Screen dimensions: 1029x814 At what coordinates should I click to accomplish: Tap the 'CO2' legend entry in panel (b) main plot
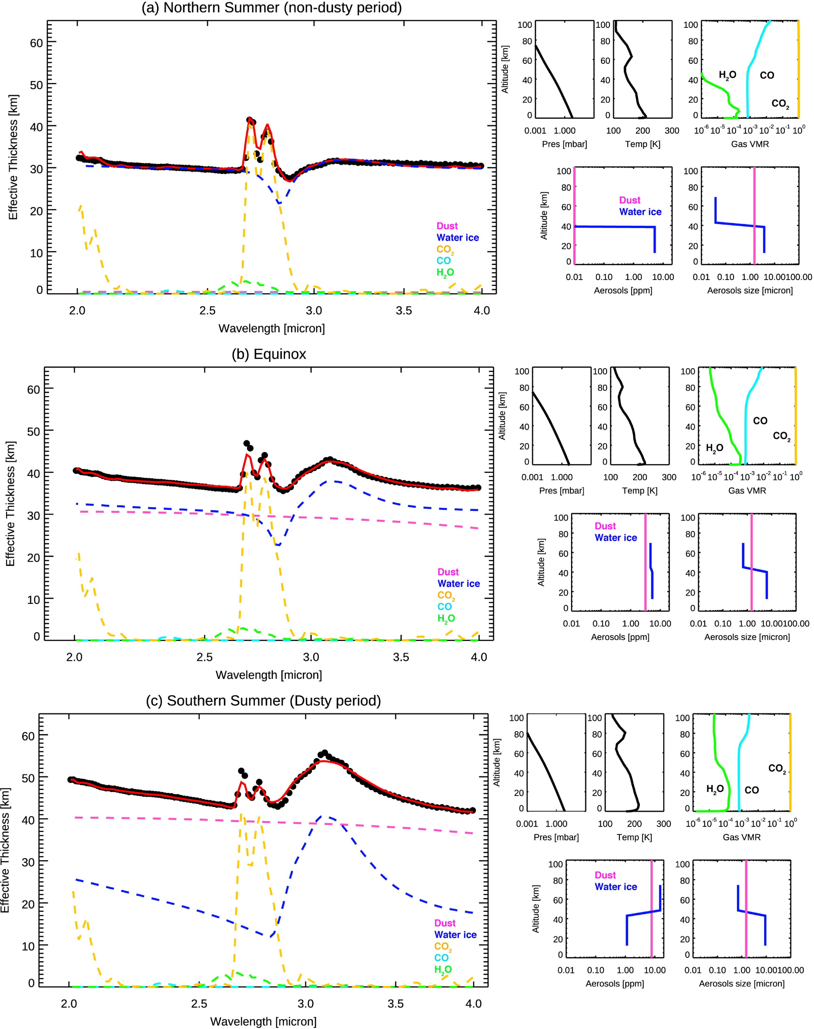pos(446,596)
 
